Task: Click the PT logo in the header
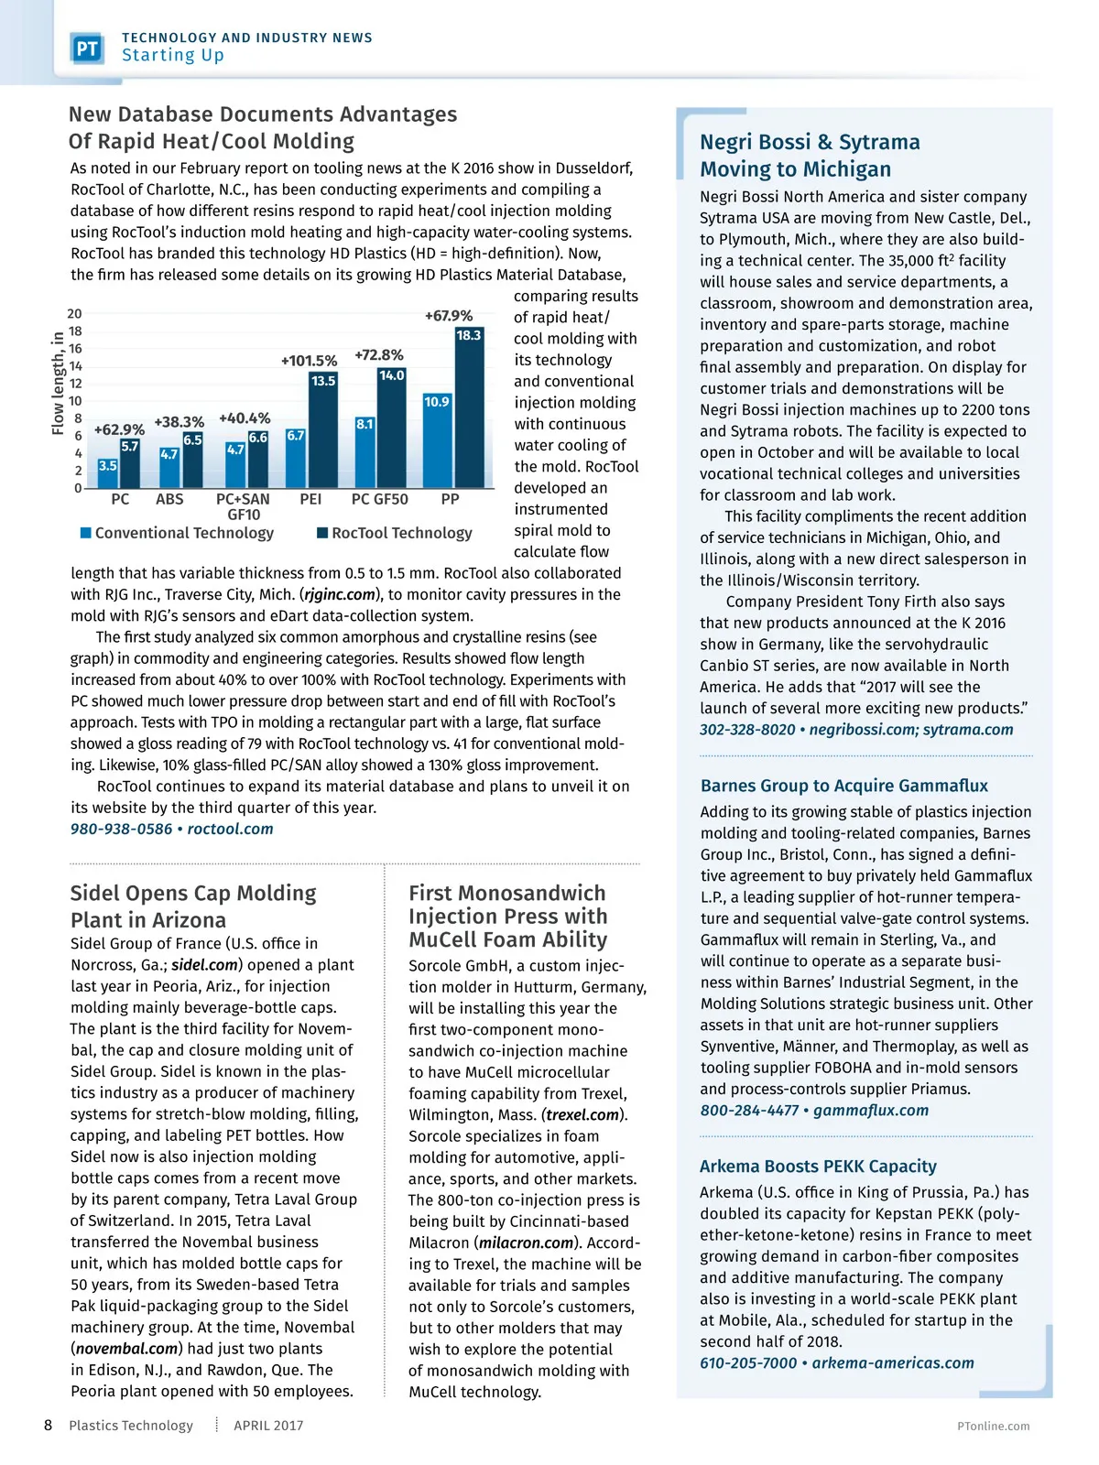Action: [x=87, y=48]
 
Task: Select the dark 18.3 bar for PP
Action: [x=468, y=407]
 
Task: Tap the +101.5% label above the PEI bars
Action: [x=309, y=361]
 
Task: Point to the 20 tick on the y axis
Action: [x=74, y=314]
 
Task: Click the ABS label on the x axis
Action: [x=169, y=499]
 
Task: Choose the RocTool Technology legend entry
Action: [x=395, y=533]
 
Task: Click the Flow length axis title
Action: [x=59, y=384]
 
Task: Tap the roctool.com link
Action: [x=230, y=829]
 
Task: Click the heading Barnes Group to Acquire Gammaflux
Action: [x=843, y=786]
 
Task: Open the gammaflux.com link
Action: [x=870, y=1110]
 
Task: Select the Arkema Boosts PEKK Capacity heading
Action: [x=818, y=1167]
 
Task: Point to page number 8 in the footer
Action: [x=48, y=1425]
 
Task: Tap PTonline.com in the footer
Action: [x=993, y=1426]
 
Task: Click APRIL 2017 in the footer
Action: [x=268, y=1426]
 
